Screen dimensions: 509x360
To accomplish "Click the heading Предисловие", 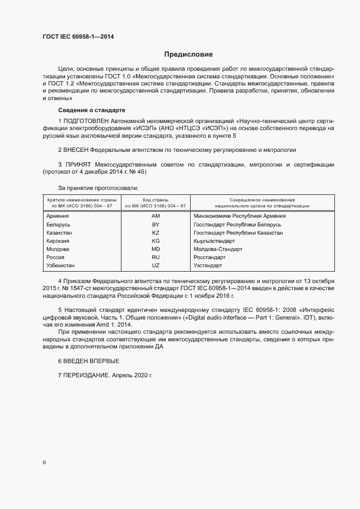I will pyautogui.click(x=188, y=54).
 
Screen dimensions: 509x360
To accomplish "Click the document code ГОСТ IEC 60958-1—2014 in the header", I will pyautogui.click(x=78, y=37).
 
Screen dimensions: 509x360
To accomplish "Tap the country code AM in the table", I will pyautogui.click(x=155, y=216).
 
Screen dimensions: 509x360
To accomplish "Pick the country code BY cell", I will pyautogui.click(x=155, y=224).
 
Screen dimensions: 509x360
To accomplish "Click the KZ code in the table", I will pyautogui.click(x=155, y=232).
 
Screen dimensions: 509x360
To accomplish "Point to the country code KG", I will pyautogui.click(x=155, y=241).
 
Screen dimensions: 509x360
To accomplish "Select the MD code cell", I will pyautogui.click(x=155, y=249).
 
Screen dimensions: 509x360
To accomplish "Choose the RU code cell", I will pyautogui.click(x=155, y=257).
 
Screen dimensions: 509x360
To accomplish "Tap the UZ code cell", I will pyautogui.click(x=155, y=265).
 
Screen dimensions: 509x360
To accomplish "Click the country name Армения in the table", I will pyautogui.click(x=58, y=216).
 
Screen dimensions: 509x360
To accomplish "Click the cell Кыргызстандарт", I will pyautogui.click(x=214, y=241).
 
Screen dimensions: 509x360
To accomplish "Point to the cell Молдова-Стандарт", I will pyautogui.click(x=217, y=249).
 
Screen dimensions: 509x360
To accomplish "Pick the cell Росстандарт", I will pyautogui.click(x=209, y=257).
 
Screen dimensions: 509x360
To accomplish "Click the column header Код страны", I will pyautogui.click(x=155, y=200).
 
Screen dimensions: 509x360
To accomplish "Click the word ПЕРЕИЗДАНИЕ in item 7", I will pyautogui.click(x=87, y=376).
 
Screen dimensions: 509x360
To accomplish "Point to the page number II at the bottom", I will pyautogui.click(x=44, y=462).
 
